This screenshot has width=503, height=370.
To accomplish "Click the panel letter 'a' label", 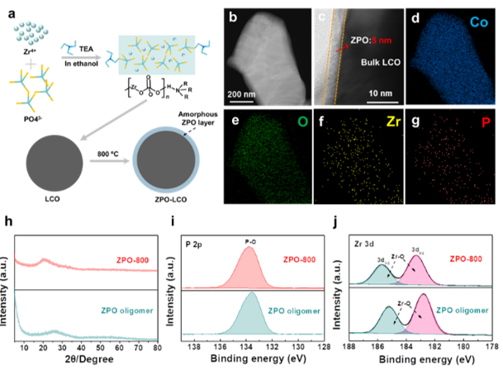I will coord(9,9).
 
